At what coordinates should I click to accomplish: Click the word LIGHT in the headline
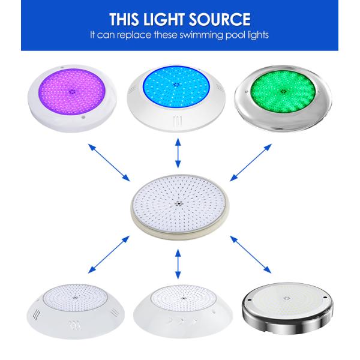tap(164, 19)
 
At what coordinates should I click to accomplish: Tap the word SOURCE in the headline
tap(220, 19)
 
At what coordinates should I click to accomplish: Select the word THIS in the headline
tap(124, 19)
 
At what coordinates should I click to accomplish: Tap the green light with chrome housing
tap(283, 99)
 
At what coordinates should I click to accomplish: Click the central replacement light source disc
tap(179, 206)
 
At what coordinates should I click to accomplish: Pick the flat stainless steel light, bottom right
tap(287, 308)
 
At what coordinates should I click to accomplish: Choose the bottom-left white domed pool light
tap(76, 311)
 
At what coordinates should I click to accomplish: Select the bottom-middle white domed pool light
tap(183, 311)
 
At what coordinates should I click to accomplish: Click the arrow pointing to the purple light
tap(109, 163)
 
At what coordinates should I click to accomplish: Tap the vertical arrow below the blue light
tap(178, 153)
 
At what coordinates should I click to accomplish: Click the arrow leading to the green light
tap(251, 163)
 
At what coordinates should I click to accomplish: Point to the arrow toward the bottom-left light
tap(109, 254)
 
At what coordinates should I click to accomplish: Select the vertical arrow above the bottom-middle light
tap(178, 264)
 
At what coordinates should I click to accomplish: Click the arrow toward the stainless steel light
tap(250, 254)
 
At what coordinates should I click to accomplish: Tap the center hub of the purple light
tap(72, 91)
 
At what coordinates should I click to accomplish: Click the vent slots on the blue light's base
tap(177, 121)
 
